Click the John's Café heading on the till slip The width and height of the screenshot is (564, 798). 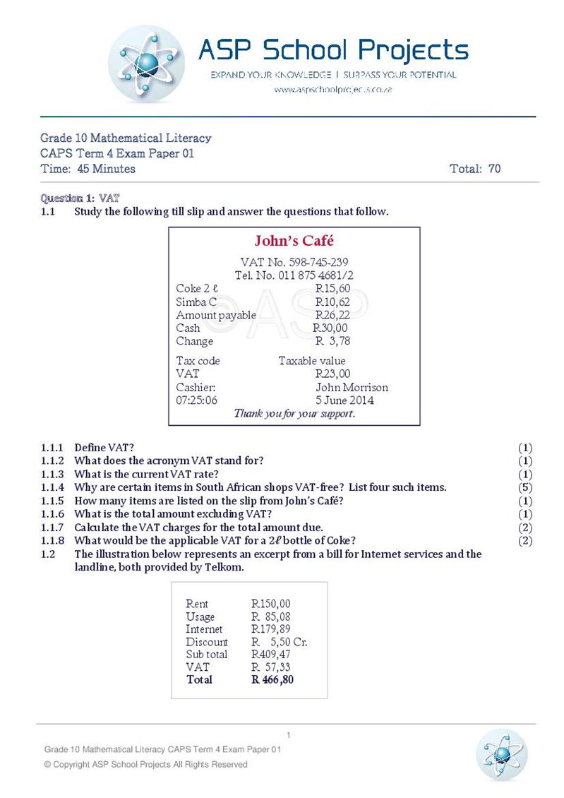(x=294, y=241)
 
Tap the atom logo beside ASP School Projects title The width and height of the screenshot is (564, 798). (x=147, y=65)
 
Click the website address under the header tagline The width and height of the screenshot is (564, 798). (x=332, y=90)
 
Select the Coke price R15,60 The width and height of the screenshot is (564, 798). (x=332, y=288)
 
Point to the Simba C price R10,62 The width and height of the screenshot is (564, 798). (x=332, y=302)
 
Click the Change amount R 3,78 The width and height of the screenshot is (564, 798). (x=332, y=341)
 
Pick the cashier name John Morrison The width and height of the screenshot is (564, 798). (x=352, y=387)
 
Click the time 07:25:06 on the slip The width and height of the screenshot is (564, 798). (x=197, y=400)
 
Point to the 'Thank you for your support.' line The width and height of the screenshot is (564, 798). (x=294, y=414)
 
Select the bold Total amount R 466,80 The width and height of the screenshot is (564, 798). (x=272, y=680)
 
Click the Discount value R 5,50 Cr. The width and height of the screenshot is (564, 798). (x=280, y=642)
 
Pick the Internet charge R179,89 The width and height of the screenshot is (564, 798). (x=271, y=629)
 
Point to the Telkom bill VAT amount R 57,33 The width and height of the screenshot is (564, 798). (x=271, y=667)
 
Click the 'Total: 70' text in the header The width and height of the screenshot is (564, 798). (x=475, y=169)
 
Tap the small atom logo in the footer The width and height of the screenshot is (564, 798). (x=501, y=754)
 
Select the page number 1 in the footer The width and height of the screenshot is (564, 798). (x=289, y=735)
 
